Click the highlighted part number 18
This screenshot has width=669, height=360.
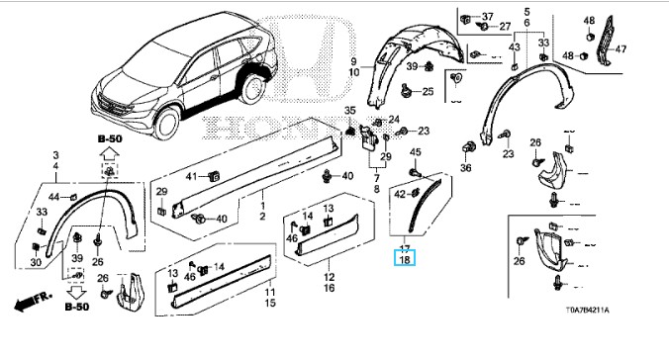pyautogui.click(x=405, y=259)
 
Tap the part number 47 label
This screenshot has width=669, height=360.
pyautogui.click(x=621, y=49)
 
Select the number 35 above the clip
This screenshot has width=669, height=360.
pyautogui.click(x=350, y=111)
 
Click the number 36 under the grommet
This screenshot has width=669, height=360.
pyautogui.click(x=466, y=168)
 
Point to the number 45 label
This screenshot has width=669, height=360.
pyautogui.click(x=415, y=152)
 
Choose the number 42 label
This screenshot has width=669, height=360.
pyautogui.click(x=400, y=195)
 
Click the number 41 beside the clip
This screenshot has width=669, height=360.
pyautogui.click(x=192, y=176)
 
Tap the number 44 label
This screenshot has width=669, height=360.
pyautogui.click(x=54, y=197)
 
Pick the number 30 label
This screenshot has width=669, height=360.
pyautogui.click(x=36, y=262)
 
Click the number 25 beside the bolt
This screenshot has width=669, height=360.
pyautogui.click(x=428, y=91)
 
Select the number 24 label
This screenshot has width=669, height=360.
pyautogui.click(x=393, y=120)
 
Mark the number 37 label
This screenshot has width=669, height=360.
pyautogui.click(x=487, y=16)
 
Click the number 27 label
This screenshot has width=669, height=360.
pyautogui.click(x=505, y=27)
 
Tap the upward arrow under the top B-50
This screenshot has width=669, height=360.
pyautogui.click(x=110, y=153)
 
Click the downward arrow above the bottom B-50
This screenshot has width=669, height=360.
pyautogui.click(x=77, y=293)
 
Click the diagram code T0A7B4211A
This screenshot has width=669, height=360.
pyautogui.click(x=588, y=311)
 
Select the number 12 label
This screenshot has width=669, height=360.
pyautogui.click(x=329, y=277)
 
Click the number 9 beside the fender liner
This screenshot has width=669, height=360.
pyautogui.click(x=353, y=62)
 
